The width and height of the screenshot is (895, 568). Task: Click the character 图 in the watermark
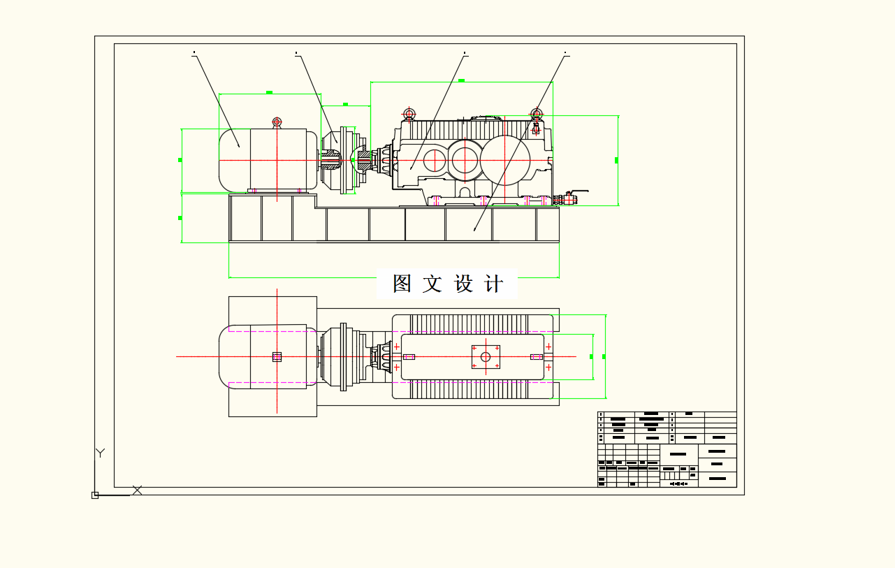(401, 284)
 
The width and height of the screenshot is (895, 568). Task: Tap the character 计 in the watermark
(493, 284)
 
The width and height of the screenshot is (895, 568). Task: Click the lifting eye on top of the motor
(277, 122)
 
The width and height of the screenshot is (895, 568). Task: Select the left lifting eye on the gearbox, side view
(409, 114)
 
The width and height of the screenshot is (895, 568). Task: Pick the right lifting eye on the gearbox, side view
(537, 114)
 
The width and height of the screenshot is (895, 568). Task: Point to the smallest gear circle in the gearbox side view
(434, 161)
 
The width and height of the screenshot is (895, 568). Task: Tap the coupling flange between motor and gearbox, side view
(343, 160)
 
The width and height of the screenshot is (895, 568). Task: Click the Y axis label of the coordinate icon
(100, 453)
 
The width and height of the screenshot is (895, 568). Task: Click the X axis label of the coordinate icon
(137, 490)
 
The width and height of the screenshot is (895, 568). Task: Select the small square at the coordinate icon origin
(95, 495)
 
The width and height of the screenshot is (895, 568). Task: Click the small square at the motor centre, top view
(277, 357)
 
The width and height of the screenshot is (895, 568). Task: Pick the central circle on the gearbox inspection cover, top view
(486, 356)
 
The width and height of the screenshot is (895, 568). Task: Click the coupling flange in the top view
(343, 356)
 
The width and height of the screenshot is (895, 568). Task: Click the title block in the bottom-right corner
(667, 449)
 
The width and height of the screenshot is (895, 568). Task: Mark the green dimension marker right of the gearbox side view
(616, 161)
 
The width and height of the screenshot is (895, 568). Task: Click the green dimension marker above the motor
(269, 92)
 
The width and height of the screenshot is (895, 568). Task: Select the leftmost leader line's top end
(194, 53)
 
